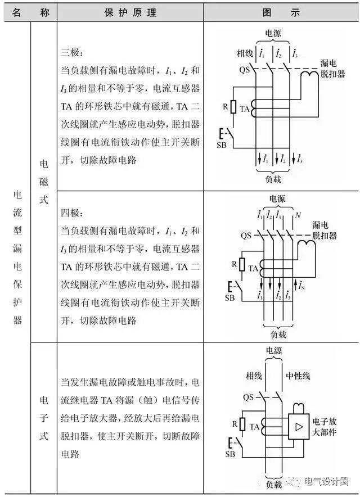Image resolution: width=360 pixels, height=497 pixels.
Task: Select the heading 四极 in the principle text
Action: pos(72,214)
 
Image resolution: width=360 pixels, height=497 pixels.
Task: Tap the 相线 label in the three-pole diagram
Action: pos(245,55)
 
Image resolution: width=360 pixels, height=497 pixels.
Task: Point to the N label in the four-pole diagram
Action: pos(298,215)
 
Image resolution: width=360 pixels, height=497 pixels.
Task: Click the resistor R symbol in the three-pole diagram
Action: pos(233,107)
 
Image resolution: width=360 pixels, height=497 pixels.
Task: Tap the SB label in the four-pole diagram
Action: pos(230,297)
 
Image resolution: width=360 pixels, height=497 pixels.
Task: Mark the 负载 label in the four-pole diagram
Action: pos(276,335)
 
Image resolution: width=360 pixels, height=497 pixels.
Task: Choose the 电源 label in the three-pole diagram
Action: pos(273,34)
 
